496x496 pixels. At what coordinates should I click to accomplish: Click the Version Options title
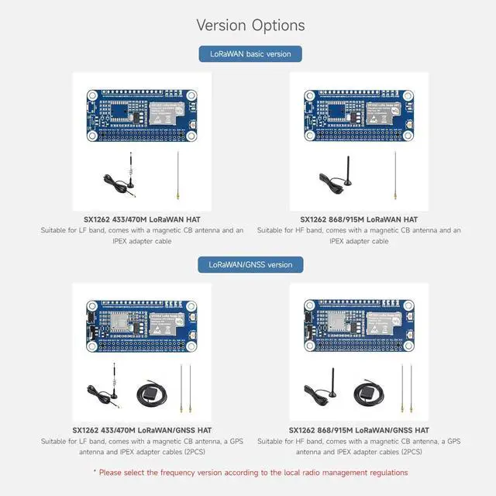pyautogui.click(x=250, y=25)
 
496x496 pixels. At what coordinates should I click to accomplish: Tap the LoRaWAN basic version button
pyautogui.click(x=250, y=53)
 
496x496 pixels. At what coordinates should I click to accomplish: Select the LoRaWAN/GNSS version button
pyautogui.click(x=250, y=264)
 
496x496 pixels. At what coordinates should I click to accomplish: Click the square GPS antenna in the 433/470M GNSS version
pyautogui.click(x=149, y=394)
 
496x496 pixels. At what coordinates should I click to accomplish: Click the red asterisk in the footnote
pyautogui.click(x=95, y=472)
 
